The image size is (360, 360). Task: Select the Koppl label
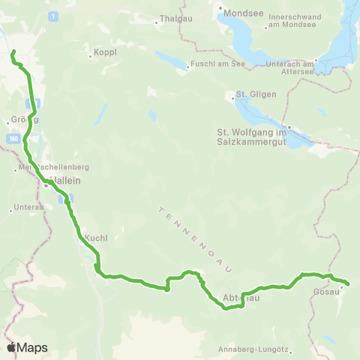click(103, 53)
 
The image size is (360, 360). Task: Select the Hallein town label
click(65, 181)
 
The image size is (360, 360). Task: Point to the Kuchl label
click(97, 238)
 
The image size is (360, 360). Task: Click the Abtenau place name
click(241, 298)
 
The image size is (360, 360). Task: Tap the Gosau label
click(326, 291)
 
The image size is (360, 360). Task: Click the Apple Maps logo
click(27, 347)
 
